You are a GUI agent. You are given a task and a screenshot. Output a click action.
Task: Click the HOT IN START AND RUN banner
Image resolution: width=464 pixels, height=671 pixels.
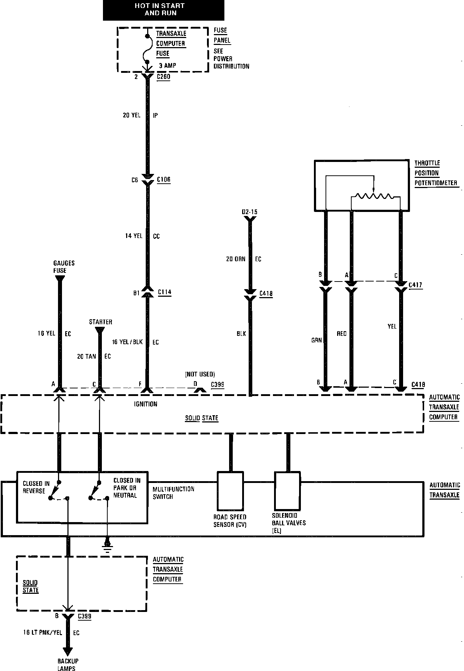pyautogui.click(x=163, y=10)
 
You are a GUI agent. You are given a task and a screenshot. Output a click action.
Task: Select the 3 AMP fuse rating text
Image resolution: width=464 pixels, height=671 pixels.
pyautogui.click(x=167, y=66)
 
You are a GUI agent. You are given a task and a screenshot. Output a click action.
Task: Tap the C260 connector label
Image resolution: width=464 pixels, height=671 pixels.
pyautogui.click(x=163, y=77)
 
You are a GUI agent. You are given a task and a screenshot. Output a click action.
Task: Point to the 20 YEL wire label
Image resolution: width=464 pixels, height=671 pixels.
pyautogui.click(x=132, y=116)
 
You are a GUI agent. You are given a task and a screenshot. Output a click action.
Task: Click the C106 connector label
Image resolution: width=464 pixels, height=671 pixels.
pyautogui.click(x=163, y=180)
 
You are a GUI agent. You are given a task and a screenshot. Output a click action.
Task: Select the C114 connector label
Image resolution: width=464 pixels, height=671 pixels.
pyautogui.click(x=165, y=292)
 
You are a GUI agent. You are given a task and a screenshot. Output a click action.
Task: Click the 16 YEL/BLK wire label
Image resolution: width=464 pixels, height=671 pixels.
pyautogui.click(x=128, y=342)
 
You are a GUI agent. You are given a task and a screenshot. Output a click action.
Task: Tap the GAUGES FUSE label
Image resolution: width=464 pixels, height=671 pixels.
pyautogui.click(x=64, y=267)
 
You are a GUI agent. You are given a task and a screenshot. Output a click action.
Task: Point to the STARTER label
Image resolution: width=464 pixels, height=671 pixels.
pyautogui.click(x=101, y=322)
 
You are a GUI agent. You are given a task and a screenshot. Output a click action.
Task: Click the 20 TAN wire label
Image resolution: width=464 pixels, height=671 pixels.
pyautogui.click(x=87, y=357)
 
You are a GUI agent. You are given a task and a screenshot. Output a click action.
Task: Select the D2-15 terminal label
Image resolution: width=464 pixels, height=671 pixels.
pyautogui.click(x=250, y=212)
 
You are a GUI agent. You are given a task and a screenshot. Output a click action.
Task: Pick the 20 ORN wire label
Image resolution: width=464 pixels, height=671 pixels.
pyautogui.click(x=236, y=259)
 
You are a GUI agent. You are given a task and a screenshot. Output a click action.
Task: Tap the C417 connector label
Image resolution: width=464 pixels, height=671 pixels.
pyautogui.click(x=415, y=285)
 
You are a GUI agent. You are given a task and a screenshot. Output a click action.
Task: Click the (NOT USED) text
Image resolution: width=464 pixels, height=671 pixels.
pyautogui.click(x=200, y=374)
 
